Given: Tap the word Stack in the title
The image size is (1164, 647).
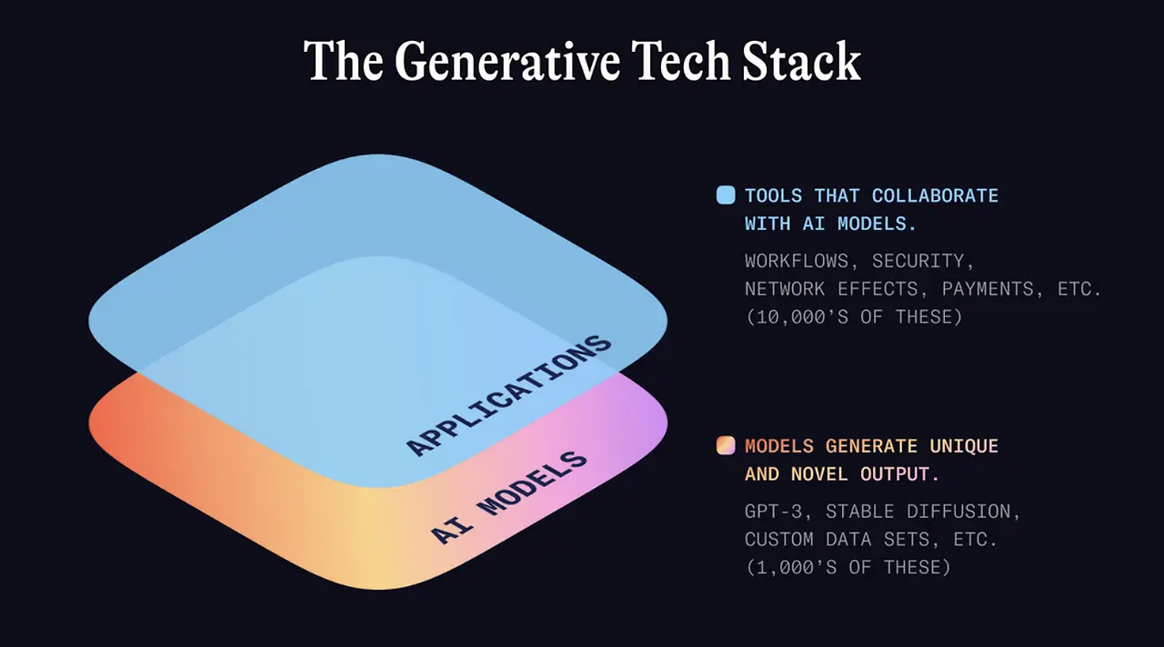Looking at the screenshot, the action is pos(801,61).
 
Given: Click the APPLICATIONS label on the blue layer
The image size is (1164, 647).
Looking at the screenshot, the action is pos(508,395).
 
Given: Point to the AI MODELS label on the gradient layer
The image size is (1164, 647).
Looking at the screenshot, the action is pos(509,497).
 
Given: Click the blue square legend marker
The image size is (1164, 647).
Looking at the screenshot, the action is pos(726,195).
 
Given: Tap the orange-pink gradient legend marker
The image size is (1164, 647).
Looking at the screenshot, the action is pos(726,445).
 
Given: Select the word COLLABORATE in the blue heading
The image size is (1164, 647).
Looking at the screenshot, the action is pos(935,195).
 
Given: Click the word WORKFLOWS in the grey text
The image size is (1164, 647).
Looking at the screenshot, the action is pos(796,261).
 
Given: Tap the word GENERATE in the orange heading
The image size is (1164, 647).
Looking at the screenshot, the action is pos(871,446).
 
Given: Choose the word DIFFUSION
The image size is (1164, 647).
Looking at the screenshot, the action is pos(963,512).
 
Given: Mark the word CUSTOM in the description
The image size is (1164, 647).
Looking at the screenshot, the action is pos(779,540).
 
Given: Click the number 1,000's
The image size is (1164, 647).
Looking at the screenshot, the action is pos(796,568).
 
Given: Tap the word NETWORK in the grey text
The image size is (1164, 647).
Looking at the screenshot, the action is pos(785,289).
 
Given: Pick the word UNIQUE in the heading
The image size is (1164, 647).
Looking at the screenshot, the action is pos(964,446).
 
